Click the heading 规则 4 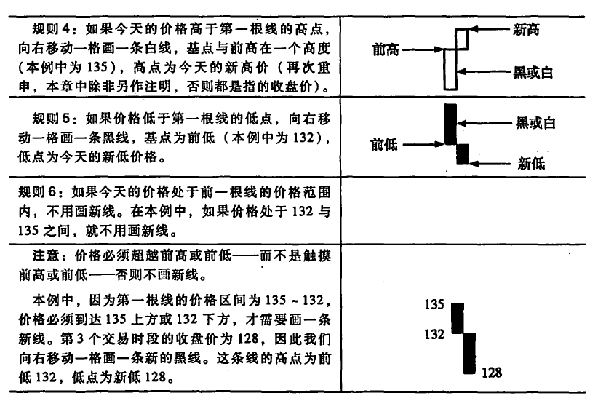50,28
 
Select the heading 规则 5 50,119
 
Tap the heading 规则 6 36,191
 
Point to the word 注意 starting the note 46,255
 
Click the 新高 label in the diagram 526,29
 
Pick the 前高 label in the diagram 386,49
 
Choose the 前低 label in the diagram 384,144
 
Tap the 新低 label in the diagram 531,164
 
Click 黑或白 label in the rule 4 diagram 533,72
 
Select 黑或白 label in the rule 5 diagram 535,123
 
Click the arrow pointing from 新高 490,29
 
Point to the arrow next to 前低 423,144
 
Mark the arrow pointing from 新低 490,164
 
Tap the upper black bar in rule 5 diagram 450,124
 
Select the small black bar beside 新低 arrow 462,154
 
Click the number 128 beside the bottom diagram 492,373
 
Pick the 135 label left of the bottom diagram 434,305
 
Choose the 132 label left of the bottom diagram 434,333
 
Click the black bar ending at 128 469,354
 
